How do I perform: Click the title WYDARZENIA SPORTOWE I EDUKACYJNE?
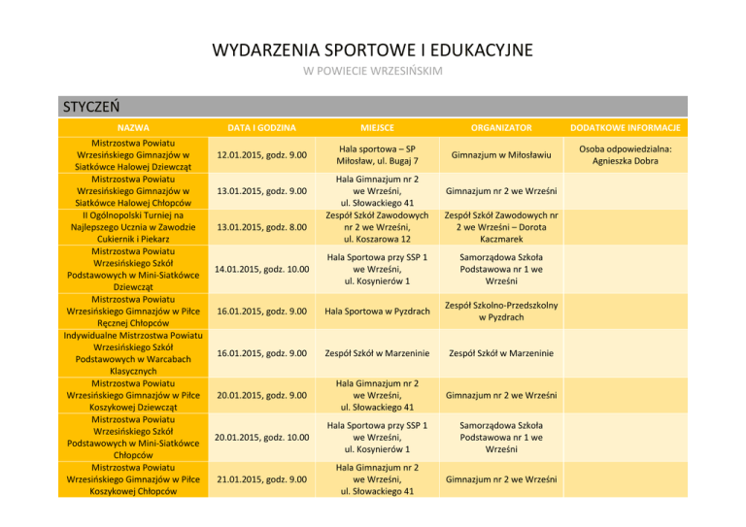pyautogui.click(x=373, y=49)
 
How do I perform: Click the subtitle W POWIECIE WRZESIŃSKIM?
pyautogui.click(x=373, y=72)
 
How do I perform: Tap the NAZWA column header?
pyautogui.click(x=133, y=127)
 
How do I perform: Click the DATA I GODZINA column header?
pyautogui.click(x=256, y=127)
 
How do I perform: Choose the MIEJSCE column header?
pyautogui.click(x=376, y=127)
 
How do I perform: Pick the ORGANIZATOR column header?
pyautogui.click(x=501, y=127)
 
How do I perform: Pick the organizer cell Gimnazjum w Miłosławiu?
pyautogui.click(x=501, y=155)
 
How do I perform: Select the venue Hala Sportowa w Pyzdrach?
pyautogui.click(x=377, y=312)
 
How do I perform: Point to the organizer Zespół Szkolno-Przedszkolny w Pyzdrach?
pyautogui.click(x=501, y=312)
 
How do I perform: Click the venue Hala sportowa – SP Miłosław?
pyautogui.click(x=377, y=155)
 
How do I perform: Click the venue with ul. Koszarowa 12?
pyautogui.click(x=377, y=228)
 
